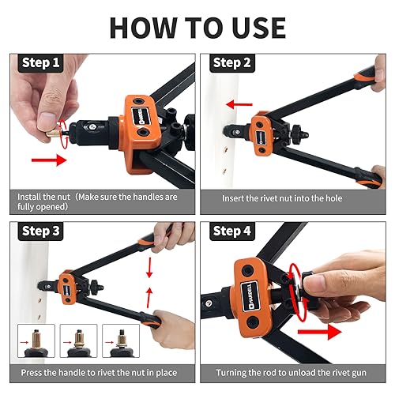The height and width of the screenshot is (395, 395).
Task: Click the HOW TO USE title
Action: (197, 26)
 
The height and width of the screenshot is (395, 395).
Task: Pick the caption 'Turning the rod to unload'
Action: (295, 371)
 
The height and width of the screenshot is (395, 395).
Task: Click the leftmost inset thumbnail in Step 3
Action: (36, 341)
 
